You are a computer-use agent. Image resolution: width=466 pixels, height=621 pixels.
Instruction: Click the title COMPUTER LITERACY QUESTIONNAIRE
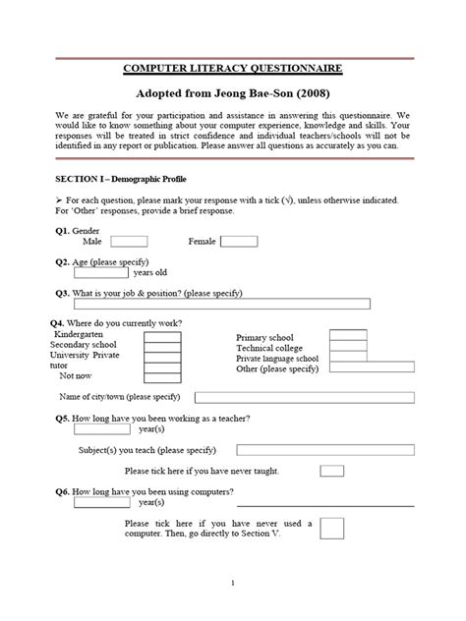(232, 69)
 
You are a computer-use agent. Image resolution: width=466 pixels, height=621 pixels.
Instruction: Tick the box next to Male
(129, 241)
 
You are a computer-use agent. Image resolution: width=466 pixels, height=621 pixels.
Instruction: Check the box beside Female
(239, 241)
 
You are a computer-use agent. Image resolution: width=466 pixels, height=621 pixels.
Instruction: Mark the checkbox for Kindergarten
(162, 337)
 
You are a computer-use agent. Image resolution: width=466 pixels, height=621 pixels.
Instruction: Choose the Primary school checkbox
(348, 336)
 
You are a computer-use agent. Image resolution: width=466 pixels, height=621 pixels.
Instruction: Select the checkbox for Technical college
(348, 348)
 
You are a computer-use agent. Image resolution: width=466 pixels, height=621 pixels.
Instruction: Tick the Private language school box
(348, 360)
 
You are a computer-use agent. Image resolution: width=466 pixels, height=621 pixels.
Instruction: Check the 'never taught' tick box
(331, 471)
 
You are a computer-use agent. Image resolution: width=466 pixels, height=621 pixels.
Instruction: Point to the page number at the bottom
(233, 584)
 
